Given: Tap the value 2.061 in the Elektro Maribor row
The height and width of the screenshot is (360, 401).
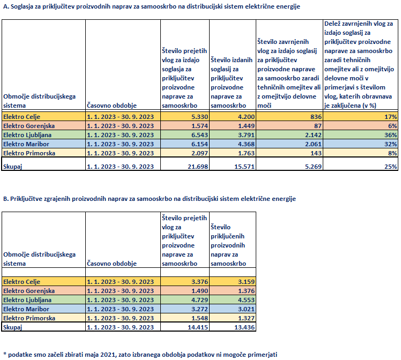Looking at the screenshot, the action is click(313, 144).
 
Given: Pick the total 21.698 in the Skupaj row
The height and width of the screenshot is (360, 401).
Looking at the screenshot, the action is click(198, 167).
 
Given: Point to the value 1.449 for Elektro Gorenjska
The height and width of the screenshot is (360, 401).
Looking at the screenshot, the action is click(246, 126).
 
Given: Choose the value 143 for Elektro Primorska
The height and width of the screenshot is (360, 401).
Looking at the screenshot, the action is click(316, 153).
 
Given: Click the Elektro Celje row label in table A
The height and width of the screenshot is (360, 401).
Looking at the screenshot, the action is click(22, 117).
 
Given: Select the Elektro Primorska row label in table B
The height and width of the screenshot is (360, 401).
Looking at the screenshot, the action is click(29, 318).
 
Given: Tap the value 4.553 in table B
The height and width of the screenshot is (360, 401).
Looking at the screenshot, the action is click(246, 300).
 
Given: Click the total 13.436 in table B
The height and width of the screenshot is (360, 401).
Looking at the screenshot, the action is click(244, 327).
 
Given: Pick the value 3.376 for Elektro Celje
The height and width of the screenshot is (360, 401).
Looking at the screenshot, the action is click(200, 282).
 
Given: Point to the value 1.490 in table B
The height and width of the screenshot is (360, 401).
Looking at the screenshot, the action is click(200, 291).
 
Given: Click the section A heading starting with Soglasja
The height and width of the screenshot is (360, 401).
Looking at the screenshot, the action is click(151, 6).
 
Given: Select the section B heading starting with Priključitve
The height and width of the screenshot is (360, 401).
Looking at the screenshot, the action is click(150, 199).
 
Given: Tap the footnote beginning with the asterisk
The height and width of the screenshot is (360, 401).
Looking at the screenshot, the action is click(140, 355).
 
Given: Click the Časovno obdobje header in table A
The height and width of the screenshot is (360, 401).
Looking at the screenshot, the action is click(112, 106).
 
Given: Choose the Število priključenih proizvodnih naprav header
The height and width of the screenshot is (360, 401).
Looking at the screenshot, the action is click(228, 245).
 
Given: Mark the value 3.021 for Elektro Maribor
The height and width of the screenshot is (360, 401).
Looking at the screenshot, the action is click(246, 309).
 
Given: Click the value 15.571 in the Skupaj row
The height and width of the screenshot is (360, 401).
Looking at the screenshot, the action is click(244, 167).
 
